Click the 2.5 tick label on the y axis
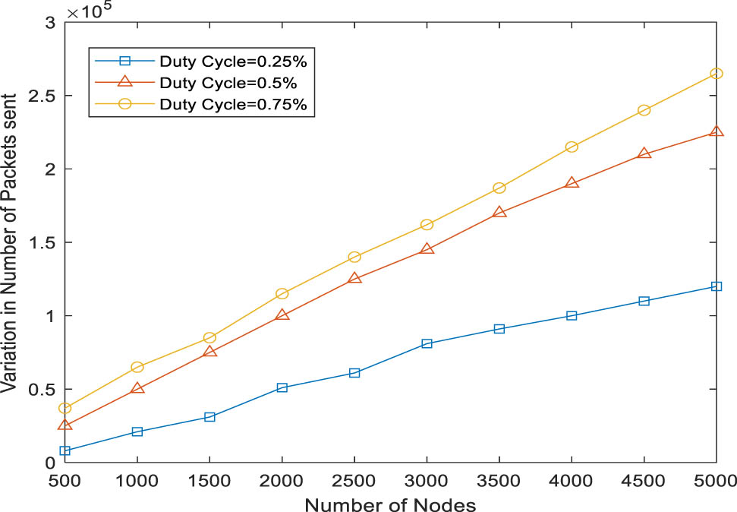pos(44,96)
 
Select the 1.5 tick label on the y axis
pos(44,243)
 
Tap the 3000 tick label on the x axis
pos(427,480)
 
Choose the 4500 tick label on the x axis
pos(644,480)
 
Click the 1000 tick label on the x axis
pos(137,480)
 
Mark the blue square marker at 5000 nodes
pos(716,286)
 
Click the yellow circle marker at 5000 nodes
pos(716,74)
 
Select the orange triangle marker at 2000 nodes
pos(282,314)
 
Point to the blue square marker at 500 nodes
pos(65,450)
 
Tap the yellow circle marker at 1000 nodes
pos(137,367)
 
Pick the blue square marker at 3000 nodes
pos(427,343)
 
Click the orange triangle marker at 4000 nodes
pos(572,183)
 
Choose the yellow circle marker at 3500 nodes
pos(499,188)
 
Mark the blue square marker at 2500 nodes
pos(354,373)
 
